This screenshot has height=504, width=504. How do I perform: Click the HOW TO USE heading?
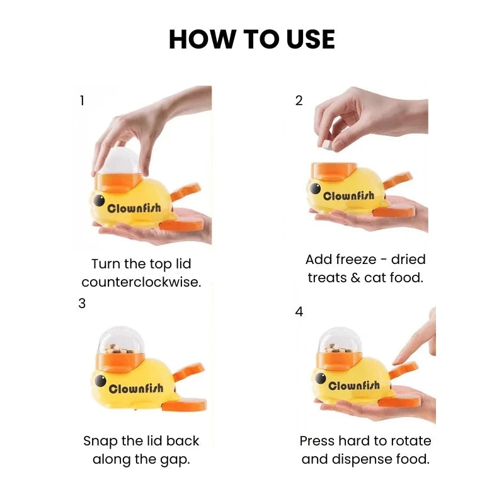[251, 39]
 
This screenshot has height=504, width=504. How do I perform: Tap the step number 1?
[82, 101]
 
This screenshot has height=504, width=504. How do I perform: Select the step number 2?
[299, 101]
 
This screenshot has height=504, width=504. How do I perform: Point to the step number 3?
[82, 304]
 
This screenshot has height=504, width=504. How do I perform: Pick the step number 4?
[299, 312]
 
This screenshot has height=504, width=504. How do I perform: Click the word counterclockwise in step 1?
[141, 282]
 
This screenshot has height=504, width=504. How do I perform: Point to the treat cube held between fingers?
[327, 146]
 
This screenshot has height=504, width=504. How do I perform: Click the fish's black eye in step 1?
[99, 200]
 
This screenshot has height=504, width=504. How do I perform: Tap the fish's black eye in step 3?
[100, 381]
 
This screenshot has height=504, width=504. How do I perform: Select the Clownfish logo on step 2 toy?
[349, 196]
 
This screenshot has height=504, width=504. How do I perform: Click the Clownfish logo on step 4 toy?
[354, 386]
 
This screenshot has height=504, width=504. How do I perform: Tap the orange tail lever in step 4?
[403, 370]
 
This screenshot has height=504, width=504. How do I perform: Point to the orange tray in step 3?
[184, 404]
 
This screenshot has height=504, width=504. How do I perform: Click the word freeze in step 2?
[355, 260]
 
